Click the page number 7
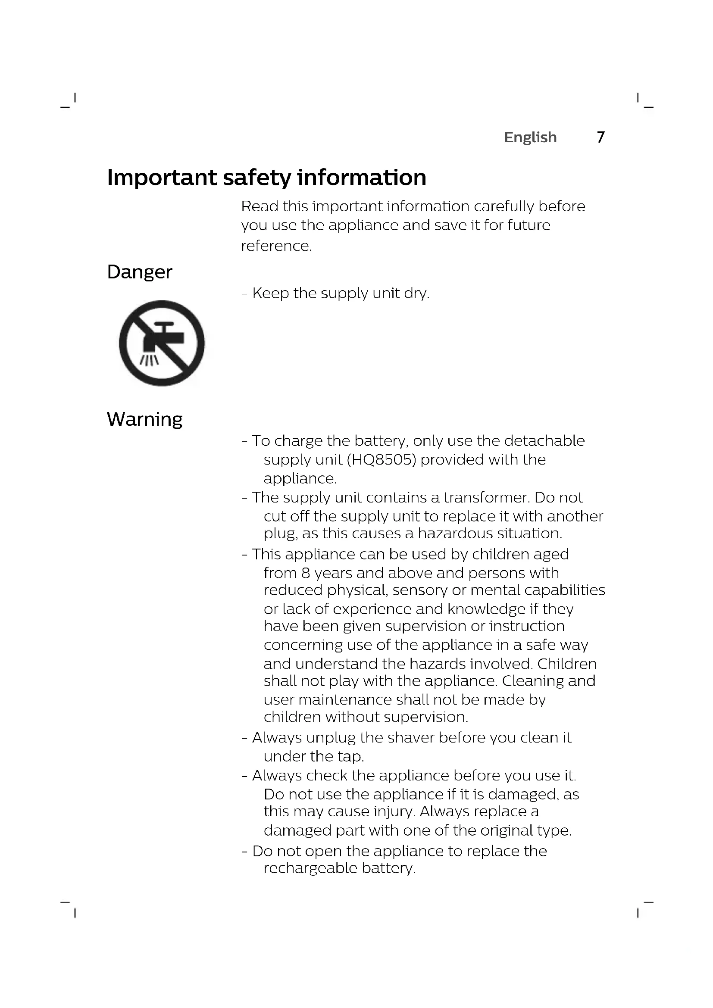(600, 137)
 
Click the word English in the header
(530, 137)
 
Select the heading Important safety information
(266, 178)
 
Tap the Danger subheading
(140, 272)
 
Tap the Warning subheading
(144, 419)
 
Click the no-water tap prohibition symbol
(162, 343)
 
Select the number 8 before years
(306, 573)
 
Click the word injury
(394, 811)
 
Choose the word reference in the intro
(276, 246)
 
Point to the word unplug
(331, 738)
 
